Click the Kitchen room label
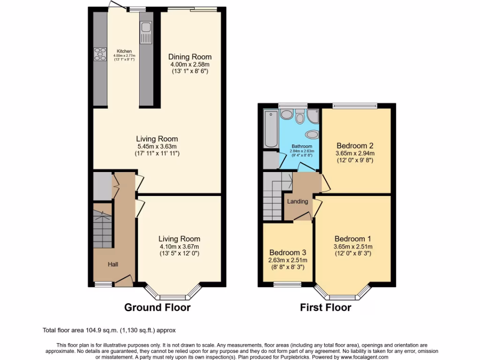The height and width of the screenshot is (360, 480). (124, 51)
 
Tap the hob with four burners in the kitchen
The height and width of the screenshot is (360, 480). (100, 54)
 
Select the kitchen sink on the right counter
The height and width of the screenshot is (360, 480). (146, 28)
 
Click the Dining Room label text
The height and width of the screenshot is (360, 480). (190, 57)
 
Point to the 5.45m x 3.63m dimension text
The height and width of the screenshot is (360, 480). (157, 146)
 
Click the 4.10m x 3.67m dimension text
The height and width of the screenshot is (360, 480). (179, 247)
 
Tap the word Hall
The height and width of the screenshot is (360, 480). (113, 264)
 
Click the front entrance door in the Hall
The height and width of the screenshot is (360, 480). (124, 281)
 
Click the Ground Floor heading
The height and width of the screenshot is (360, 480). (157, 307)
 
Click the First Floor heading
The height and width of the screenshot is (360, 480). (325, 307)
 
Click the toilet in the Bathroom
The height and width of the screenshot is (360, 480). (300, 116)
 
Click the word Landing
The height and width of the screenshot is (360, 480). (298, 202)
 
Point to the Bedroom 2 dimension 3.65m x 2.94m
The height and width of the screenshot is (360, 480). (355, 153)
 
